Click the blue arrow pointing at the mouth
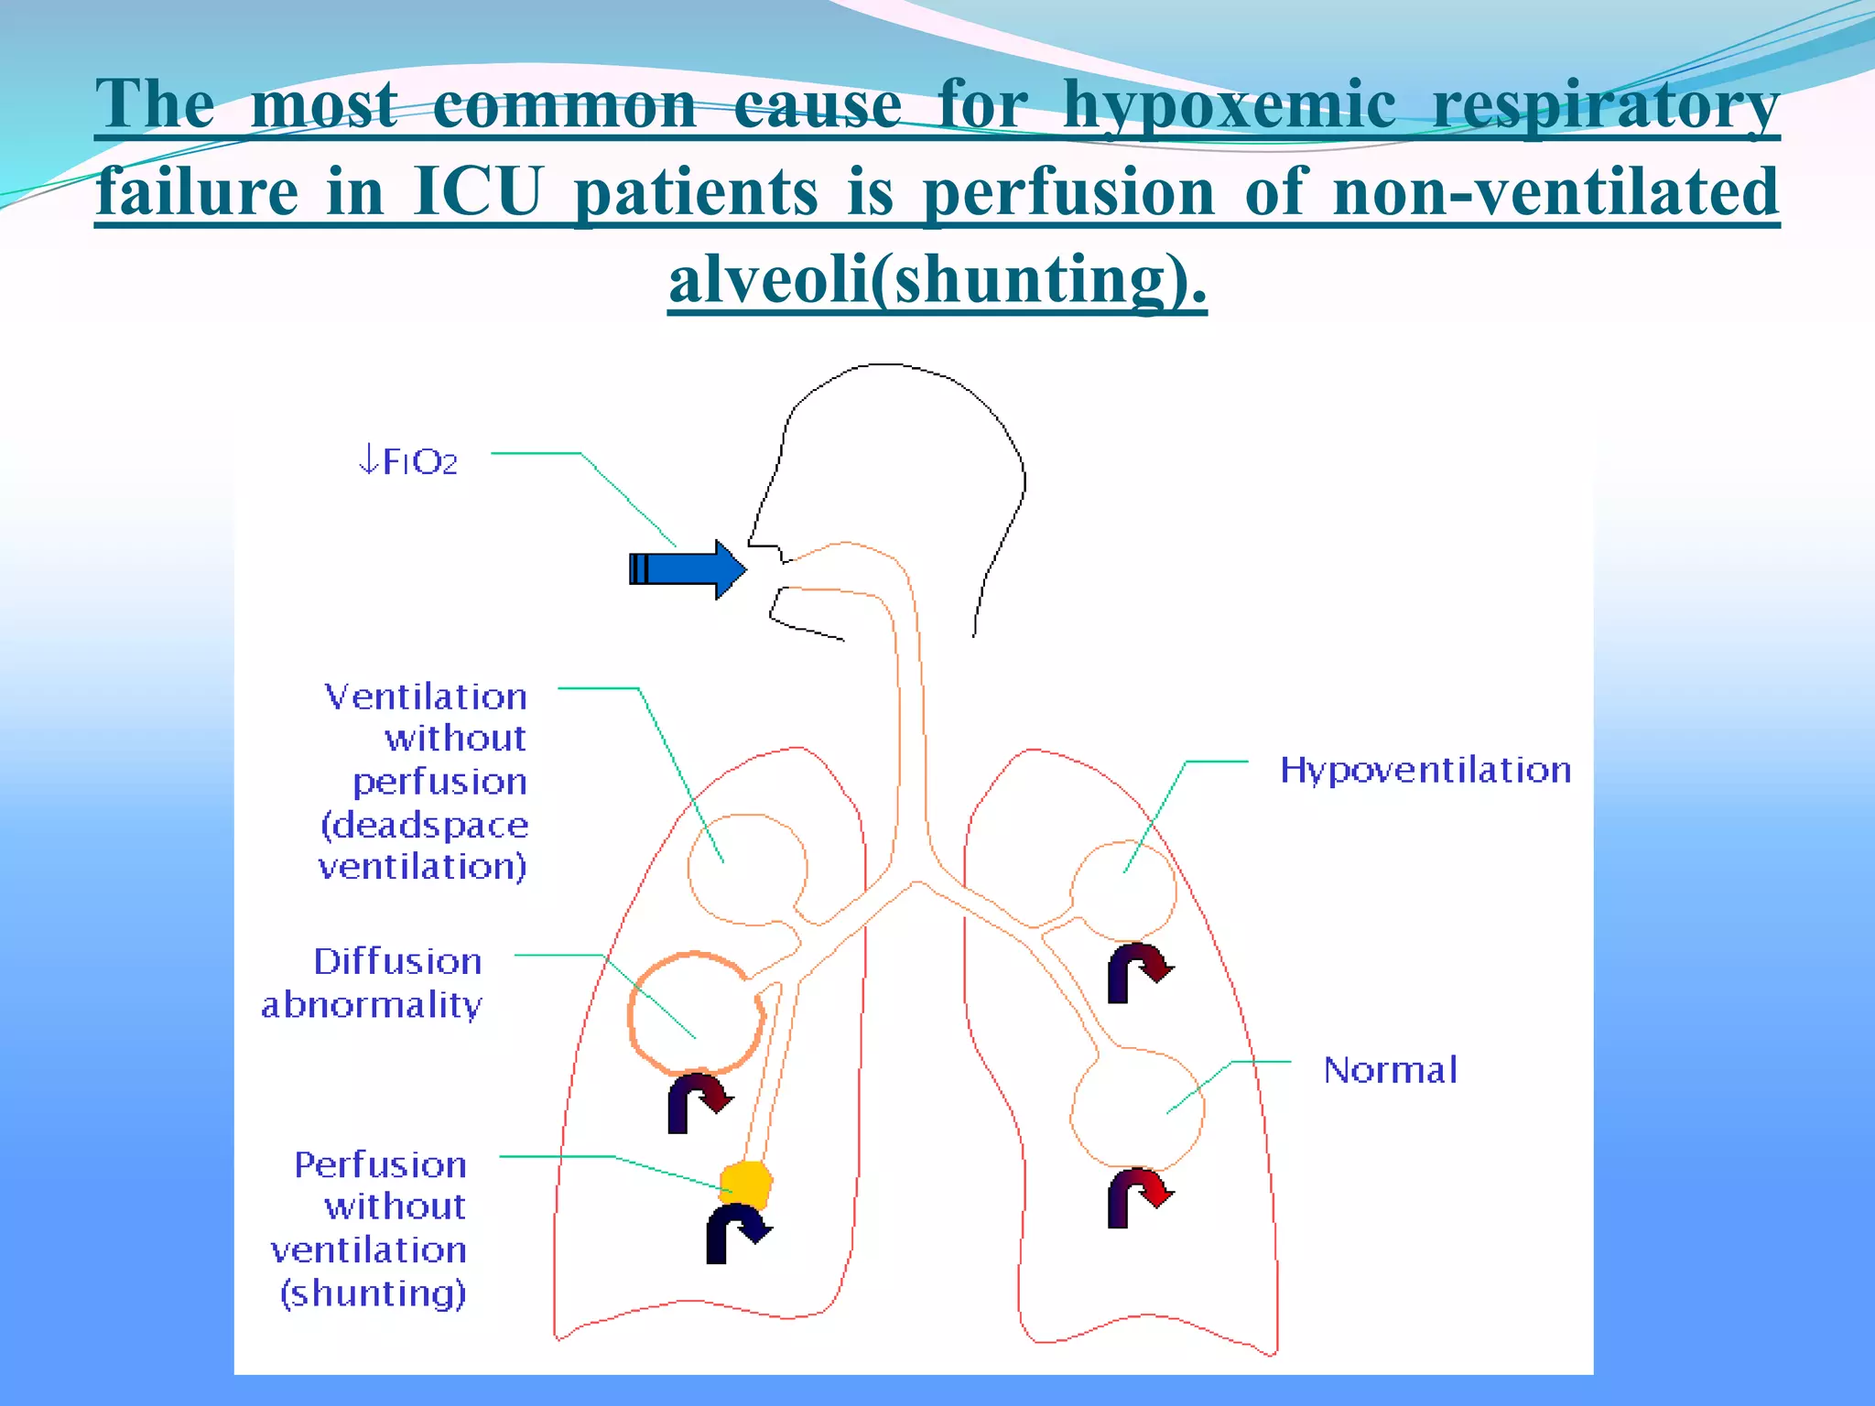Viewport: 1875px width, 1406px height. pyautogui.click(x=687, y=568)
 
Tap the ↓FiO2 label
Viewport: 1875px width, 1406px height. pyautogui.click(x=408, y=461)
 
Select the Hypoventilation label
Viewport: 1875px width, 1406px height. pyautogui.click(x=1425, y=770)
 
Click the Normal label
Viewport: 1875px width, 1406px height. pyautogui.click(x=1390, y=1069)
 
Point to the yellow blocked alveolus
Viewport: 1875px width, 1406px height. pyautogui.click(x=746, y=1184)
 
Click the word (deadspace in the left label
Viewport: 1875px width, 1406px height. pyautogui.click(x=425, y=826)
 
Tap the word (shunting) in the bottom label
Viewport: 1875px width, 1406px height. pyautogui.click(x=374, y=1293)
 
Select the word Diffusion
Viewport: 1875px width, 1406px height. pyautogui.click(x=398, y=961)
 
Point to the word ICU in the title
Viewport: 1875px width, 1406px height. pyautogui.click(x=478, y=192)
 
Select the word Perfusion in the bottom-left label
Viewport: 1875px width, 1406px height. pyautogui.click(x=381, y=1164)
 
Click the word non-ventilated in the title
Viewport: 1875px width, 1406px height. pyautogui.click(x=1555, y=192)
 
